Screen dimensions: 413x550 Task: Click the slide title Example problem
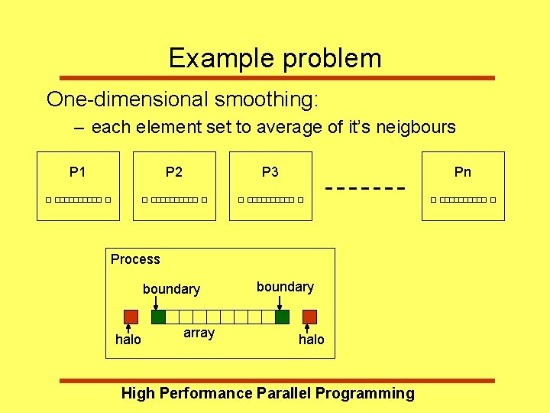tap(274, 58)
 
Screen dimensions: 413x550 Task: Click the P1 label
tap(77, 172)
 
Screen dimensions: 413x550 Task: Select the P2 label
tap(174, 172)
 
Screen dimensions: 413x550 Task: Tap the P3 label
tap(270, 172)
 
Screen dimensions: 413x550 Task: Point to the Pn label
tap(463, 172)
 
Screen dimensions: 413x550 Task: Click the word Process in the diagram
tap(135, 259)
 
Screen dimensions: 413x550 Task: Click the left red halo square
tap(131, 317)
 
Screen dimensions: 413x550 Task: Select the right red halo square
tap(309, 317)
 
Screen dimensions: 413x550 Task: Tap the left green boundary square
tap(158, 317)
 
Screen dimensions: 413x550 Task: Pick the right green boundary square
tap(282, 317)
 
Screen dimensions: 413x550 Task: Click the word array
tap(199, 333)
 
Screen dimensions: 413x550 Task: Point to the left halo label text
tap(128, 340)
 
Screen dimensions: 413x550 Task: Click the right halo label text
tap(312, 340)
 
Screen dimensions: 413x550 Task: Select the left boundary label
tap(171, 289)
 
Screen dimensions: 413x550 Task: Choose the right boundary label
tap(285, 287)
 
